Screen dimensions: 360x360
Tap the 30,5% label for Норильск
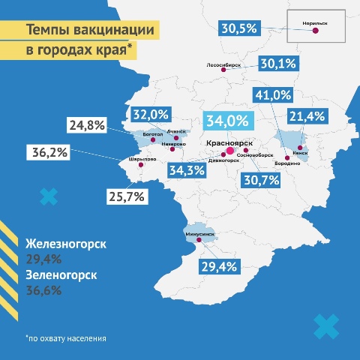pos(239,28)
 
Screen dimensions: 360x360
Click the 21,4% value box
pos(306,115)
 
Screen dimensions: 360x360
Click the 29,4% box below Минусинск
pos(218,265)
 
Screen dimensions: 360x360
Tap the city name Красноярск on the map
pos(229,142)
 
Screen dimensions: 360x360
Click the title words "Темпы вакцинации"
pos(91,31)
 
